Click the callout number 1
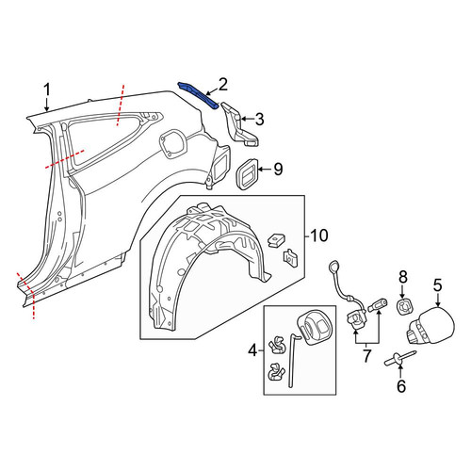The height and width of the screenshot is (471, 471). coord(47,90)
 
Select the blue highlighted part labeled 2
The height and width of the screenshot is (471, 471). coord(198,95)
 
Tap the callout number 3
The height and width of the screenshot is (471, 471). coord(259,120)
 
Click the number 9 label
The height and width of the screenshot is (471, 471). coord(278,170)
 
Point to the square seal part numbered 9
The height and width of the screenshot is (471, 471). coord(247,174)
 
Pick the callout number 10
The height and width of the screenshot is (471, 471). coord(318,235)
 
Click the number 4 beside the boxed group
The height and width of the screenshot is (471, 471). coord(252,350)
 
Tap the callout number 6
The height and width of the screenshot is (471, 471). coord(401,386)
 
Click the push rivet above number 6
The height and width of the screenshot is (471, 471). coord(400,359)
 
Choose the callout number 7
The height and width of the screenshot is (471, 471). coord(366,356)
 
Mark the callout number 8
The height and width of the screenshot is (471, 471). coord(403,277)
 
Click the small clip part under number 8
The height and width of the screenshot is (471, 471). coord(404,306)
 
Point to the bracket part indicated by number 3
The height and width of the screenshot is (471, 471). coord(240,125)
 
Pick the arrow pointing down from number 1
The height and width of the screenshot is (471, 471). coord(47,105)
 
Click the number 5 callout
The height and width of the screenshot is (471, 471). coord(438,285)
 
